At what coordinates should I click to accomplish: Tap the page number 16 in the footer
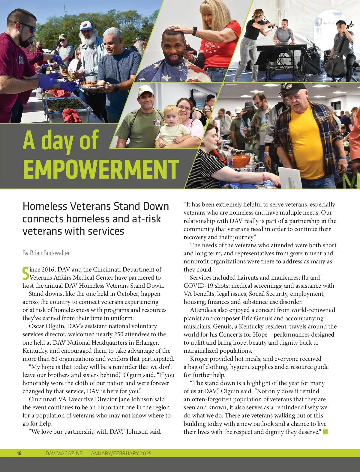point(19,453)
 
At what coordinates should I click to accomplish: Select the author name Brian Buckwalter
point(49,253)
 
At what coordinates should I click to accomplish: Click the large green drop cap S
point(26,273)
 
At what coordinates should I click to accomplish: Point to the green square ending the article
point(325,432)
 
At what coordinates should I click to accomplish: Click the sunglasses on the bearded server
point(28,27)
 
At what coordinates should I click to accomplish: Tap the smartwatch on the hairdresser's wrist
point(195,31)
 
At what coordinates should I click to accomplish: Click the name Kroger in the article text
point(200,359)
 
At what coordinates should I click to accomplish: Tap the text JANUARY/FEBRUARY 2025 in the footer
point(120,453)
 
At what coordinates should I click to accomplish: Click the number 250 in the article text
point(119,334)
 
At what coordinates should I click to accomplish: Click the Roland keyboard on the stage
point(280,47)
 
